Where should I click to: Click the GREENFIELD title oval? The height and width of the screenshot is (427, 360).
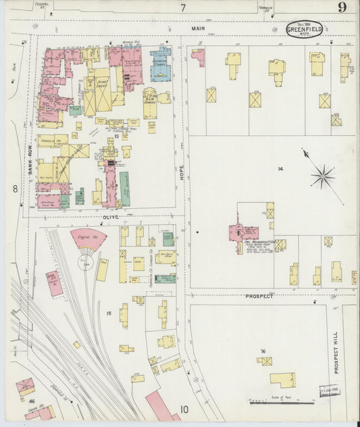(x=305, y=28)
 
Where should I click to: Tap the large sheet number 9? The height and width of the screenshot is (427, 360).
(x=343, y=8)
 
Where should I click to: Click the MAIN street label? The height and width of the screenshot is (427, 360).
(x=198, y=28)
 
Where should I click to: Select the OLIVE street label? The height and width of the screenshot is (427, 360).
(x=110, y=217)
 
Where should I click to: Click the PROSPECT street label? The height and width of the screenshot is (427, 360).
(x=259, y=296)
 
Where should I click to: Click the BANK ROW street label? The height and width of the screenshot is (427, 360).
(x=30, y=166)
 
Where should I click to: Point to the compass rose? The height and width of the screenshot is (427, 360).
(x=323, y=177)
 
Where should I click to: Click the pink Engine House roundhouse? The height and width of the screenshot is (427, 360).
(x=88, y=238)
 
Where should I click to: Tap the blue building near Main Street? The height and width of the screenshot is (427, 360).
(x=161, y=64)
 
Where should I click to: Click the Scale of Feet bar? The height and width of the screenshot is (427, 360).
(x=281, y=402)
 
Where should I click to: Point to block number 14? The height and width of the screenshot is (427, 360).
(x=280, y=168)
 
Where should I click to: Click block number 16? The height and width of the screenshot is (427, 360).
(x=263, y=351)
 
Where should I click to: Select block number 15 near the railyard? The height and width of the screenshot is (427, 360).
(x=108, y=313)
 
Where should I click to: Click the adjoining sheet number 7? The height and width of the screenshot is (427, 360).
(x=182, y=8)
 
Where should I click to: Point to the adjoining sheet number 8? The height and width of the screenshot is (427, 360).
(x=14, y=190)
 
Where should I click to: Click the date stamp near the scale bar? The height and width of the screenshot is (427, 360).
(x=328, y=393)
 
